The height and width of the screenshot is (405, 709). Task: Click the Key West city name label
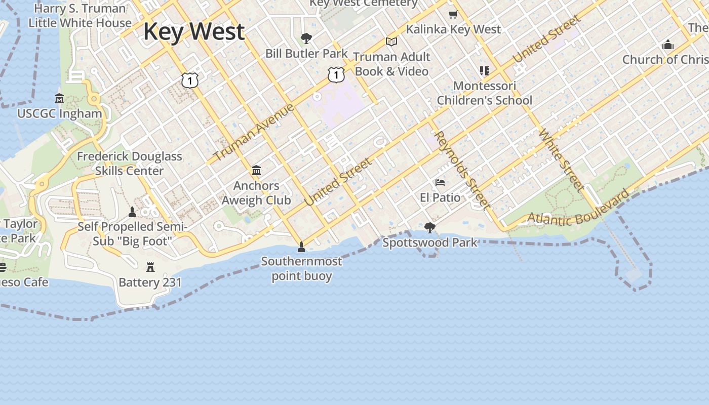[194, 31]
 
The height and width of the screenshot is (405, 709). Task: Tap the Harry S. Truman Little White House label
[80, 16]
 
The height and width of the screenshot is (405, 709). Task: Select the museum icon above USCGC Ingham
[59, 98]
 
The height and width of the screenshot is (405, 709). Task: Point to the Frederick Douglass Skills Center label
[129, 164]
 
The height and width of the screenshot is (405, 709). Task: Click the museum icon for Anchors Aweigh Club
[256, 170]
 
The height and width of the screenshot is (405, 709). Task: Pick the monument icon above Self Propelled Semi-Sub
[132, 212]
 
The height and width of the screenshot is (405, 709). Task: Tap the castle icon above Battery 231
[150, 267]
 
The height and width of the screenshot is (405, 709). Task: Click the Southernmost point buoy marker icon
[301, 247]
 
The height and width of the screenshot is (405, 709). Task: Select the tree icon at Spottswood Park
[430, 228]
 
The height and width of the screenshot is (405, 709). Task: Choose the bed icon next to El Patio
[440, 182]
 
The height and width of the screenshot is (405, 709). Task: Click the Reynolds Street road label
[462, 170]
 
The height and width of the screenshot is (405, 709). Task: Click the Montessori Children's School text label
[484, 93]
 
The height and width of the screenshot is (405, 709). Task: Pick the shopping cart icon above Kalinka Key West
[453, 14]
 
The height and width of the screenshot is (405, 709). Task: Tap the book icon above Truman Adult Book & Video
[391, 42]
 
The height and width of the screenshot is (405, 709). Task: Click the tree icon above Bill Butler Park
[306, 38]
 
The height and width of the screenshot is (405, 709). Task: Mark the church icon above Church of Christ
[668, 45]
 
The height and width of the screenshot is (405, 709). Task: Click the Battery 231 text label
[150, 282]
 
